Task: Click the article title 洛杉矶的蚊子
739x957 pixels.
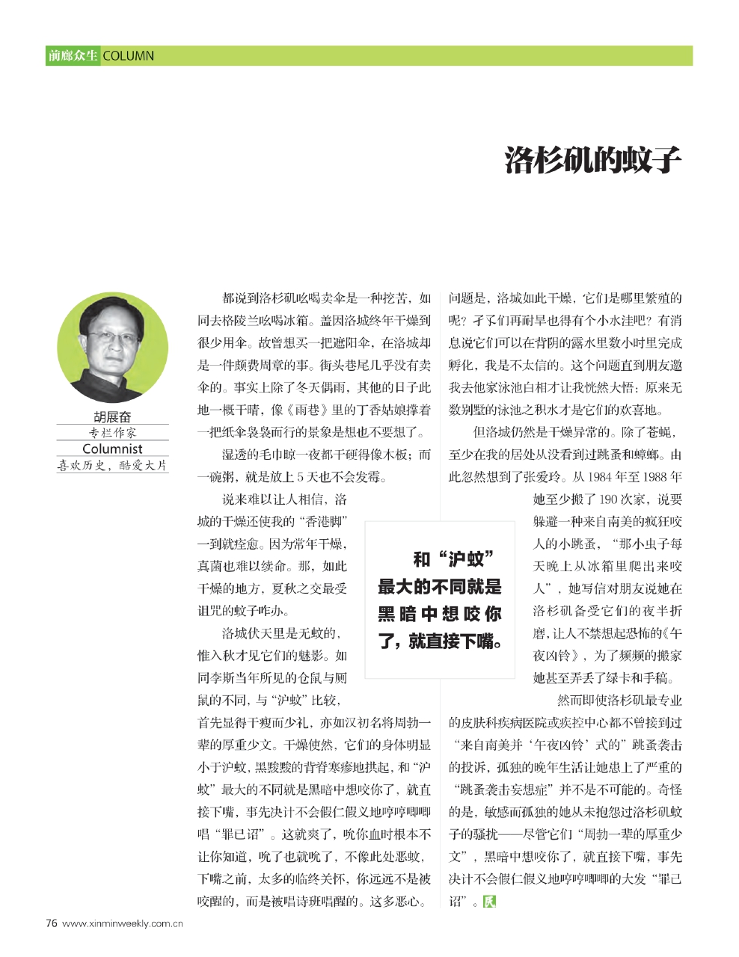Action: coord(593,160)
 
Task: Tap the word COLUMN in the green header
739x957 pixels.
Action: coord(128,56)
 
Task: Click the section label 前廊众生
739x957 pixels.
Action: coord(73,56)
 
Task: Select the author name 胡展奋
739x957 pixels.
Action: coord(112,417)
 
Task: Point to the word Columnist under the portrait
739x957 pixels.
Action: coord(112,449)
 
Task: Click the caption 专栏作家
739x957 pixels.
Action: coord(112,433)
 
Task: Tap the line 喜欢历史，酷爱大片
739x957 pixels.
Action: coord(112,465)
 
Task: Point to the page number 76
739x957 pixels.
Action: coord(52,923)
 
